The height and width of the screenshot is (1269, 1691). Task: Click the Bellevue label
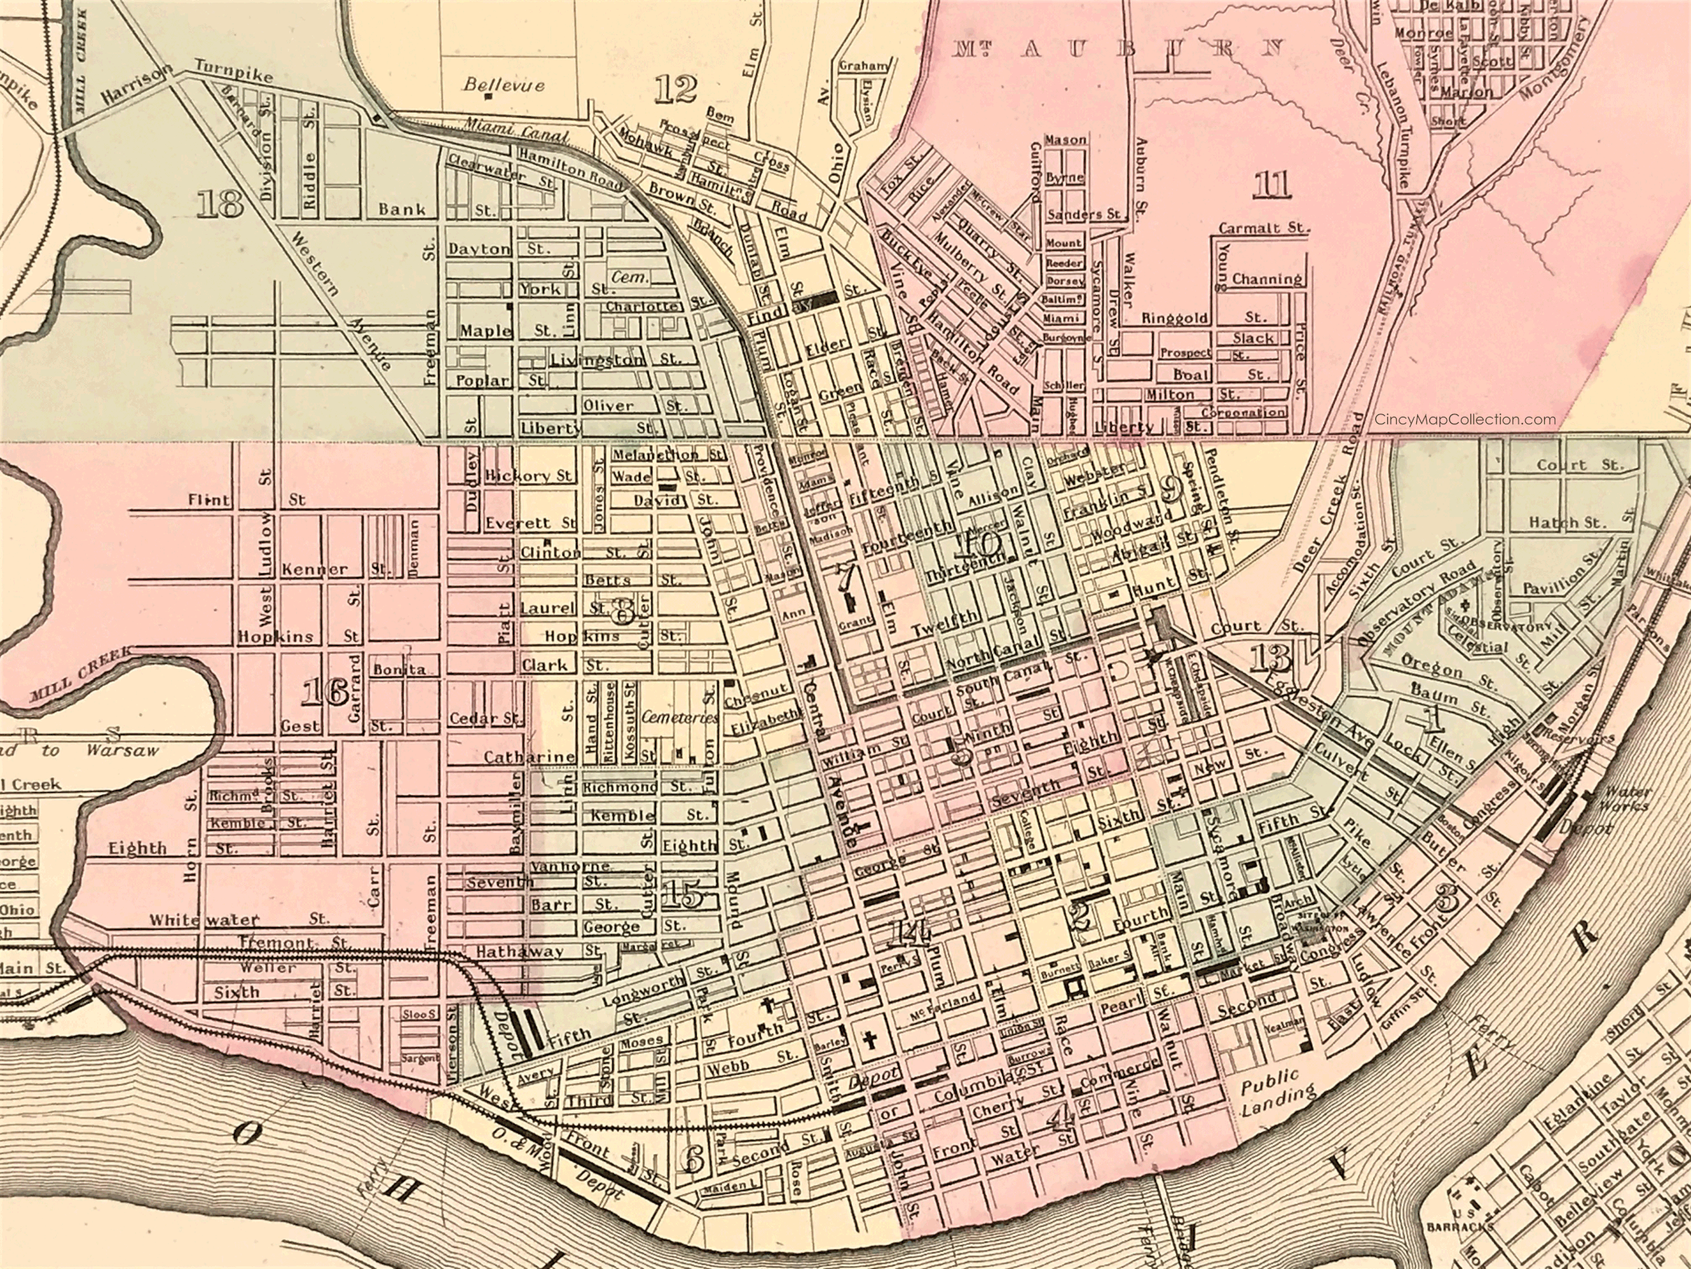click(x=505, y=83)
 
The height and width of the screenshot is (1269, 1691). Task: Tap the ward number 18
click(x=219, y=204)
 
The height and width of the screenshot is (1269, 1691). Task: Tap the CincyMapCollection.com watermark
click(x=1464, y=419)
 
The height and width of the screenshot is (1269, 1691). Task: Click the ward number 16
click(x=325, y=693)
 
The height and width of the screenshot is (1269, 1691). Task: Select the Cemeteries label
click(x=680, y=717)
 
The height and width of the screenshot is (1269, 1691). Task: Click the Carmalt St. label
click(x=1263, y=228)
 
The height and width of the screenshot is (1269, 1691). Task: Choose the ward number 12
click(x=676, y=90)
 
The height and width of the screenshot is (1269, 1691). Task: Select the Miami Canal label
click(x=517, y=131)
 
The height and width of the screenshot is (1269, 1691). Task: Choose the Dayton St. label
click(x=497, y=249)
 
